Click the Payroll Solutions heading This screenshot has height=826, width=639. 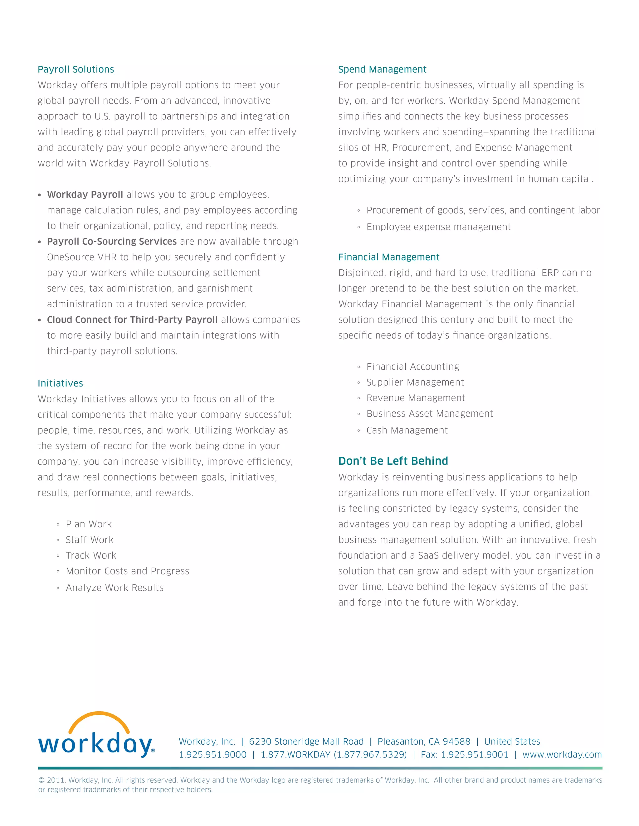tap(76, 69)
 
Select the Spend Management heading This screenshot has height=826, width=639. tap(382, 69)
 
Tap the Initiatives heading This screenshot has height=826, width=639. tap(60, 383)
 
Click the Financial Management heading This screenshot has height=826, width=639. tap(388, 257)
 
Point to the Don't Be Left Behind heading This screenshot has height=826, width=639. tap(393, 461)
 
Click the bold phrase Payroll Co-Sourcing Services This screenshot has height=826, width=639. tap(112, 241)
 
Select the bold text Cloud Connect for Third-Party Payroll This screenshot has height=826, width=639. tap(132, 319)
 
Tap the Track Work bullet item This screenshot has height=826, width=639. tap(91, 555)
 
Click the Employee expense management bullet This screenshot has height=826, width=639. tap(438, 227)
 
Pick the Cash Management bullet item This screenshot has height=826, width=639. tap(407, 430)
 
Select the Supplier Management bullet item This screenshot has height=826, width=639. tap(415, 382)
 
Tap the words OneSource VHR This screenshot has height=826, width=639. tap(81, 257)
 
